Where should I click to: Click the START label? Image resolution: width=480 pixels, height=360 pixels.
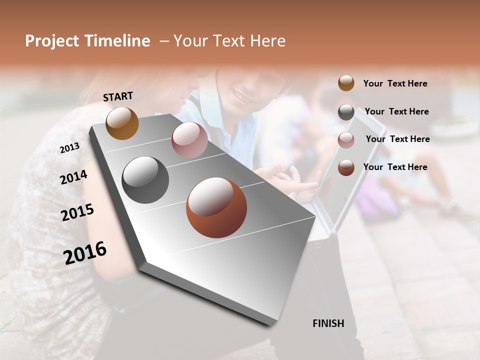[118, 96]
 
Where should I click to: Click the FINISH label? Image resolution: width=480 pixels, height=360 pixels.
[328, 323]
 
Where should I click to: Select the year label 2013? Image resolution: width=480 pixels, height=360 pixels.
[69, 148]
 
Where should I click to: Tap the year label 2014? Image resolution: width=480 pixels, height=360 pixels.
[73, 177]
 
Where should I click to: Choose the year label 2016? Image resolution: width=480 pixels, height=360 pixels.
[85, 252]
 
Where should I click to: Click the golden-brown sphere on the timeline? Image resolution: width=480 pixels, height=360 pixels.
[122, 123]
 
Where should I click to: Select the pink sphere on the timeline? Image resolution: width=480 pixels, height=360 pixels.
[189, 140]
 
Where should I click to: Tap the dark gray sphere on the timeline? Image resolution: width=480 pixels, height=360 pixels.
[145, 180]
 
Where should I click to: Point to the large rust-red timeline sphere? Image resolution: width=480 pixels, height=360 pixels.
[216, 207]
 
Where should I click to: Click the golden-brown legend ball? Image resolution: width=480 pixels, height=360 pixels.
[346, 83]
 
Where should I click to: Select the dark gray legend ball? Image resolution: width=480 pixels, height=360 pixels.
[346, 112]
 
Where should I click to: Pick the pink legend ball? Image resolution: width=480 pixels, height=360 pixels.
[346, 140]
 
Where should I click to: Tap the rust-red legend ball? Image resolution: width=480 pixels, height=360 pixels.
[346, 167]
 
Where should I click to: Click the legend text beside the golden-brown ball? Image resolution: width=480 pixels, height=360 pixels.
[395, 84]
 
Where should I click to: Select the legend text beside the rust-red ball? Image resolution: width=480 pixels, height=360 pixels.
[395, 167]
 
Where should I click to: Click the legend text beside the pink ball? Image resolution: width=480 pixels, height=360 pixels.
[397, 139]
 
